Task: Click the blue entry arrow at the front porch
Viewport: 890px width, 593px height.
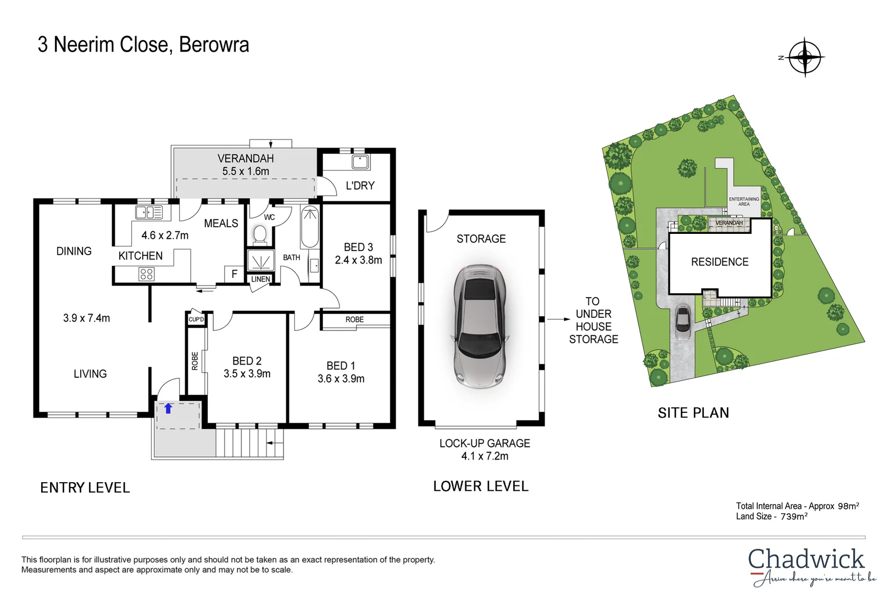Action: click(169, 409)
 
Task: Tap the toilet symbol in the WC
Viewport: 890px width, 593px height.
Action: click(260, 236)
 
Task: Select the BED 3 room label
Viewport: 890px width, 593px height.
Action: click(358, 247)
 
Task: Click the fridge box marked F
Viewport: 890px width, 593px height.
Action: click(235, 273)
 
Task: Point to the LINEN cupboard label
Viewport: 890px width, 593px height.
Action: click(260, 279)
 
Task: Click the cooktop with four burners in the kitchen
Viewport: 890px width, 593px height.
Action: click(146, 273)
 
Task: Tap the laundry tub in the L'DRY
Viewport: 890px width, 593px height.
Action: click(360, 162)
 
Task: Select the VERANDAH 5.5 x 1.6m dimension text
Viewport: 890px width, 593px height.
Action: click(246, 171)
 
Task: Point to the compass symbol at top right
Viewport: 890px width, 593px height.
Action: click(805, 57)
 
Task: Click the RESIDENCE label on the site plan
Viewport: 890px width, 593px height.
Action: click(720, 262)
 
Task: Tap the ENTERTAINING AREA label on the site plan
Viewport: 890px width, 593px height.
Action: click(744, 202)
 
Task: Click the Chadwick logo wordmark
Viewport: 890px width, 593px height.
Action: click(806, 560)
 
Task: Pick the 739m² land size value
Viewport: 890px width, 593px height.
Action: click(794, 516)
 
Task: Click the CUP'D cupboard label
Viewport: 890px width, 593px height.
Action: click(196, 319)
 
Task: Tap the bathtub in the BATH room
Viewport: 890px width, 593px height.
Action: click(310, 227)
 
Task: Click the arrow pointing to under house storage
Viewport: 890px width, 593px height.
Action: click(559, 319)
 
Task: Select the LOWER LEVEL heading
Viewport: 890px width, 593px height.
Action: click(481, 486)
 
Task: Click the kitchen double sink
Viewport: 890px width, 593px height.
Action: click(149, 212)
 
